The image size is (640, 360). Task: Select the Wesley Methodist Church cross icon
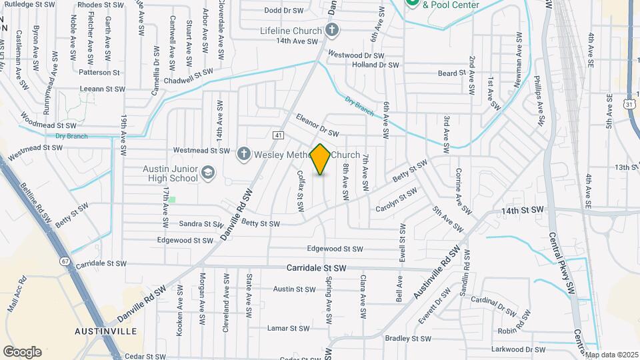click(244, 154)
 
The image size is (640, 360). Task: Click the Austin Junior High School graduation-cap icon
click(208, 173)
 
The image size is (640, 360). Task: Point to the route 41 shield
click(278, 135)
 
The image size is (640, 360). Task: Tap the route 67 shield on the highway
click(65, 261)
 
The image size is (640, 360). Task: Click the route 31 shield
click(629, 103)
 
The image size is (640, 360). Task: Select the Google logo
click(22, 352)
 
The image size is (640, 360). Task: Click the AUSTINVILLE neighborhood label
click(106, 331)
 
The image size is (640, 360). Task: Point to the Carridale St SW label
click(317, 267)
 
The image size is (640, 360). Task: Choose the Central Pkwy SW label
click(561, 263)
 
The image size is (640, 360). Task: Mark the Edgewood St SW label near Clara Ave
click(335, 249)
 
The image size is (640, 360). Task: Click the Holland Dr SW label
click(375, 65)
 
